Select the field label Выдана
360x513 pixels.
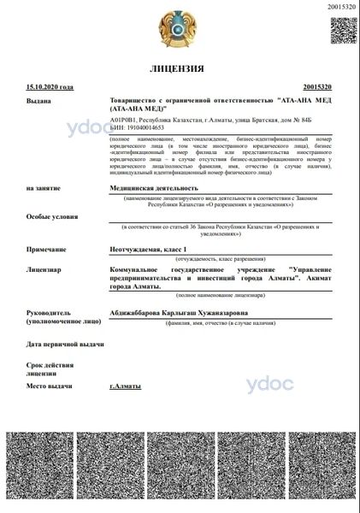pos(39,102)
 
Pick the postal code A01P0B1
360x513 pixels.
pos(124,121)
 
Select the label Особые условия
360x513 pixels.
pos(50,217)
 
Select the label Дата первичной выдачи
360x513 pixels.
pos(65,345)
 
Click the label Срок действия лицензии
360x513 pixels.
pos(47,369)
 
